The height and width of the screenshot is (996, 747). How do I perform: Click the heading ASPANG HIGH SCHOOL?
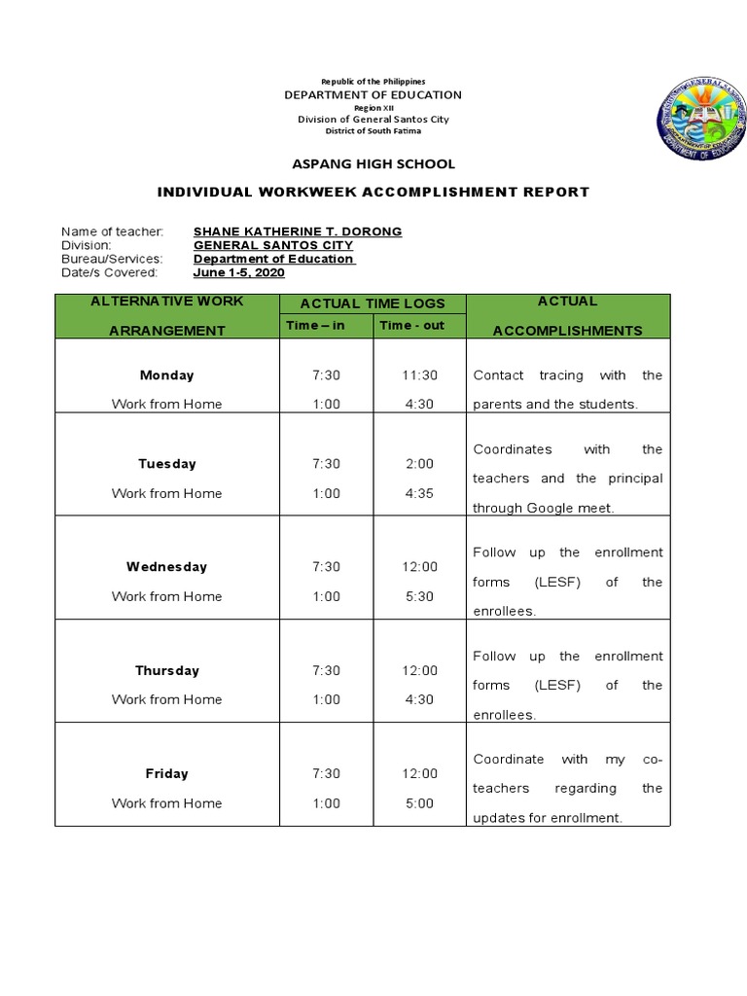point(373,164)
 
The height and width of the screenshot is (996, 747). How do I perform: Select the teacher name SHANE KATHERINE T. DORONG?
point(298,231)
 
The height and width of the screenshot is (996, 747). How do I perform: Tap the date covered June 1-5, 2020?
point(238,273)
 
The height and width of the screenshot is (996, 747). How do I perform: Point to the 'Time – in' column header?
point(315,325)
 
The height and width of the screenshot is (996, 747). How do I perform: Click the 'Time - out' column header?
point(411,325)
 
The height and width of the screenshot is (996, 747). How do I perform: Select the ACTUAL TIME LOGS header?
point(373,304)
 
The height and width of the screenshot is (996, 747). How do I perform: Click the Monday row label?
point(166,374)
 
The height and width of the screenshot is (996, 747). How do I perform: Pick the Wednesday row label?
point(166,566)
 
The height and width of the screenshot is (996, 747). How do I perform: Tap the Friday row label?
point(166,773)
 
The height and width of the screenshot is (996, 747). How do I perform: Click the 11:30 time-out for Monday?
point(419,374)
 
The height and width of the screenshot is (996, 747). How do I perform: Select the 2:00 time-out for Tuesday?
point(419,464)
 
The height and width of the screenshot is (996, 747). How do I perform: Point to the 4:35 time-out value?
point(419,493)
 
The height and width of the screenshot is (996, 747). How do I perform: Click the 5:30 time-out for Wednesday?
point(419,596)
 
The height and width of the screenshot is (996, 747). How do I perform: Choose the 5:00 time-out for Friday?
point(419,803)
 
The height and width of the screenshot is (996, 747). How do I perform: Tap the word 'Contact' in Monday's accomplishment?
point(498,374)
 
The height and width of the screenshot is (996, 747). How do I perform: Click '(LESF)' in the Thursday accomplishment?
point(556,685)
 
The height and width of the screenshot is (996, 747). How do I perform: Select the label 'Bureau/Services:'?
point(112,260)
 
